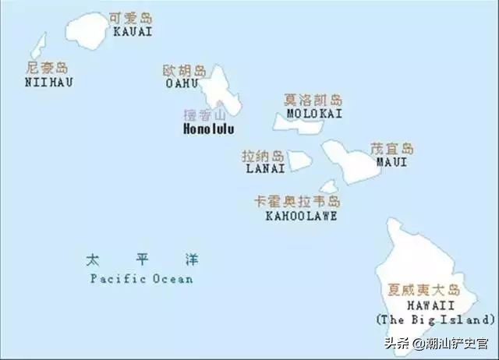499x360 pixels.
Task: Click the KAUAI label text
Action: point(133,32)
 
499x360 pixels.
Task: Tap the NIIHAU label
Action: point(48,81)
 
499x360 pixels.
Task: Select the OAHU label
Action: point(182,83)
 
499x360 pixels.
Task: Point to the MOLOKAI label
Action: point(314,114)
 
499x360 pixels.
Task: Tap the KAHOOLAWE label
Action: point(301,216)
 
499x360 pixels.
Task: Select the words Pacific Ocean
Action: point(141,278)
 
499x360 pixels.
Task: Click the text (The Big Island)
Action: point(435,319)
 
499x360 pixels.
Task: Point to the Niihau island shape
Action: point(39,45)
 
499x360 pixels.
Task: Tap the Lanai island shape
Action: point(301,160)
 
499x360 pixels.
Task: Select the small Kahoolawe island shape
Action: point(329,187)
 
